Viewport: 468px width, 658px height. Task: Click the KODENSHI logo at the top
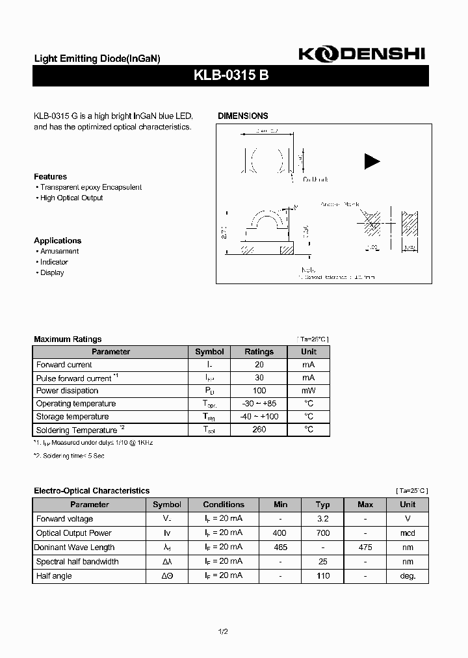(361, 55)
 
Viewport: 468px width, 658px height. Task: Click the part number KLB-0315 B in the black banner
(231, 75)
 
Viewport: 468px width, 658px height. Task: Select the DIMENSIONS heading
(242, 116)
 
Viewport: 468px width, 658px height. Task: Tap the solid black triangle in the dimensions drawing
(372, 161)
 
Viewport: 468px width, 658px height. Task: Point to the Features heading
(50, 177)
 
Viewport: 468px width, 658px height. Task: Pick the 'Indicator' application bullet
(54, 262)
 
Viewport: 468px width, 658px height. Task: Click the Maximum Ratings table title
(68, 339)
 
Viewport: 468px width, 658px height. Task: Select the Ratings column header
(259, 352)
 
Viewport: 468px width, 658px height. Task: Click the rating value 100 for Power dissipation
(259, 391)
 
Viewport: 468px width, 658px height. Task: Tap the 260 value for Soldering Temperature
(259, 430)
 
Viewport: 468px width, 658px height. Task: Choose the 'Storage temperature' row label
(72, 417)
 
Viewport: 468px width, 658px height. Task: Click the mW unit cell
(309, 391)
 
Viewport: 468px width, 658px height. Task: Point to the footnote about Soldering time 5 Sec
(69, 456)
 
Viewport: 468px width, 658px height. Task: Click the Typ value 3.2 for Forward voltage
(322, 519)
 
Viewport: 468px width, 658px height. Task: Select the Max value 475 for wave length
(365, 547)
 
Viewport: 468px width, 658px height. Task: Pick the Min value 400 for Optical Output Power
(280, 533)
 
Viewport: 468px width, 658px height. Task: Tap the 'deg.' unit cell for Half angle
(408, 576)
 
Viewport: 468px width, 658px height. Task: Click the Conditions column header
(224, 505)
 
